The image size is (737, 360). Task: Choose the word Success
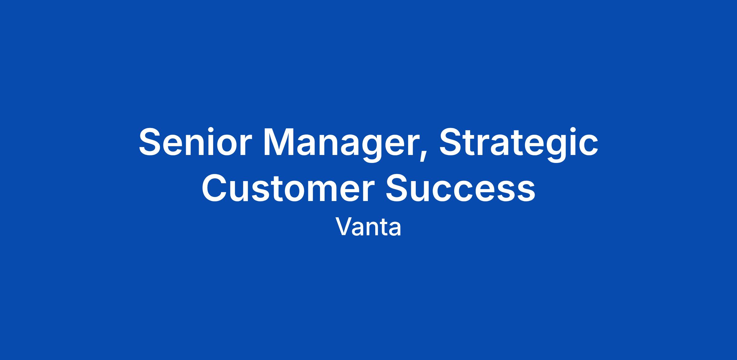(x=460, y=188)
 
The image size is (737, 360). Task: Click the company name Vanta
(x=368, y=227)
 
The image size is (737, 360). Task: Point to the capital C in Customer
(x=215, y=188)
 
